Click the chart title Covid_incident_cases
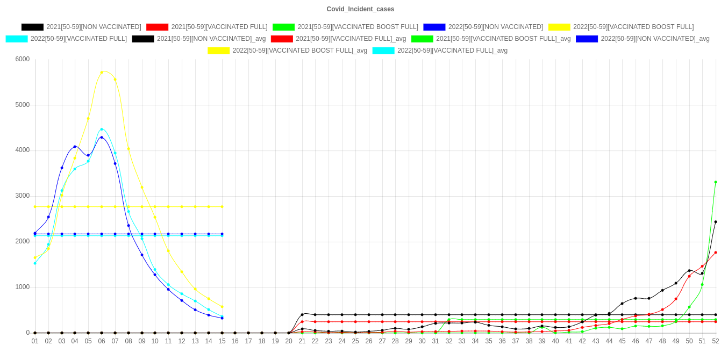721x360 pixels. coord(360,9)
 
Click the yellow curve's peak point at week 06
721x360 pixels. coord(102,72)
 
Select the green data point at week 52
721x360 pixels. coord(716,182)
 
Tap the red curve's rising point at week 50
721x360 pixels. coord(689,276)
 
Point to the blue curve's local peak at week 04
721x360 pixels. coord(75,147)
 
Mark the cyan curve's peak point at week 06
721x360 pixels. coord(102,129)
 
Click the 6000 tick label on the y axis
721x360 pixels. coord(22,59)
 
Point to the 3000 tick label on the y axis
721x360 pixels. coord(22,196)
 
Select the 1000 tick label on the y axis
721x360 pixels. coord(22,287)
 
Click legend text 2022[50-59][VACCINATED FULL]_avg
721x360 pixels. coord(452,51)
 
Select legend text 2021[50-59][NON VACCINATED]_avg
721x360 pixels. coord(211,39)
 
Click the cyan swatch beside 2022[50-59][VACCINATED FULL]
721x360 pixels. coord(16,39)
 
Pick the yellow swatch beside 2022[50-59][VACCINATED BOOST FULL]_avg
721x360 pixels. coord(218,51)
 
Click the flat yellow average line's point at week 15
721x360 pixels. coord(222,207)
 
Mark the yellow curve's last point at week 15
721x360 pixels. coord(222,307)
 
